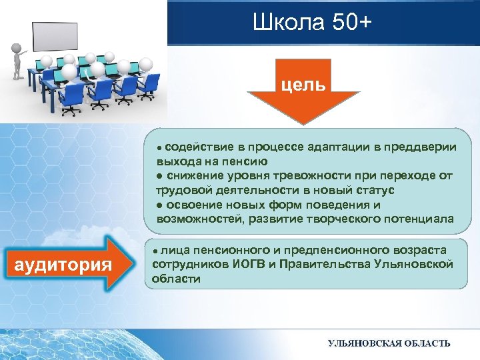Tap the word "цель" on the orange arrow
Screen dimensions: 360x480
coord(303,84)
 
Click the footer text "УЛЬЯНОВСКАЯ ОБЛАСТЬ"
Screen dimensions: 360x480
coord(389,343)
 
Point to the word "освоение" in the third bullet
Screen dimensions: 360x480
coord(193,205)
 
